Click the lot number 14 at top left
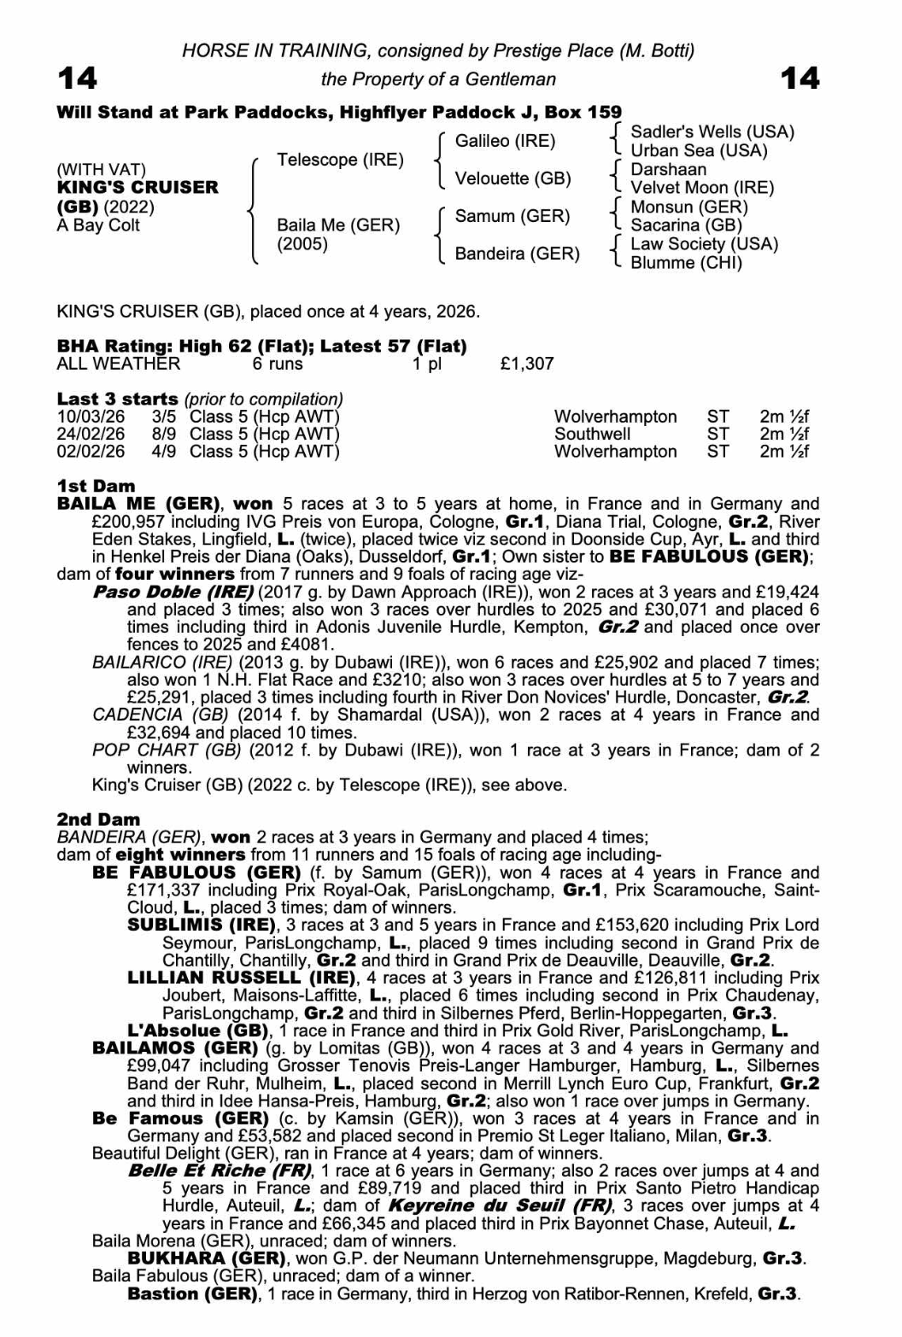[77, 79]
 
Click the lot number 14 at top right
[799, 79]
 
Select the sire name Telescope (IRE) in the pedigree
[340, 160]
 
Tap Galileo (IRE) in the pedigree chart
[505, 141]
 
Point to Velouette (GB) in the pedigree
[512, 178]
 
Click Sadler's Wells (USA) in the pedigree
[712, 131]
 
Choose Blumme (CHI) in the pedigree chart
[686, 262]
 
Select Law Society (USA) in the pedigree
[704, 243]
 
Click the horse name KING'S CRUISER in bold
[138, 187]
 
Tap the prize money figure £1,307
[527, 364]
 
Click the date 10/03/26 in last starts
[91, 417]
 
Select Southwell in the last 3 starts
[592, 434]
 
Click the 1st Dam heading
[96, 486]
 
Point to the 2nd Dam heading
[98, 820]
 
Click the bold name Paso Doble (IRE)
[173, 592]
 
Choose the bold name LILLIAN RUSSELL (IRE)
[241, 978]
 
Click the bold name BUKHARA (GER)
[206, 1258]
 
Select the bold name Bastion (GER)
[192, 1293]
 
